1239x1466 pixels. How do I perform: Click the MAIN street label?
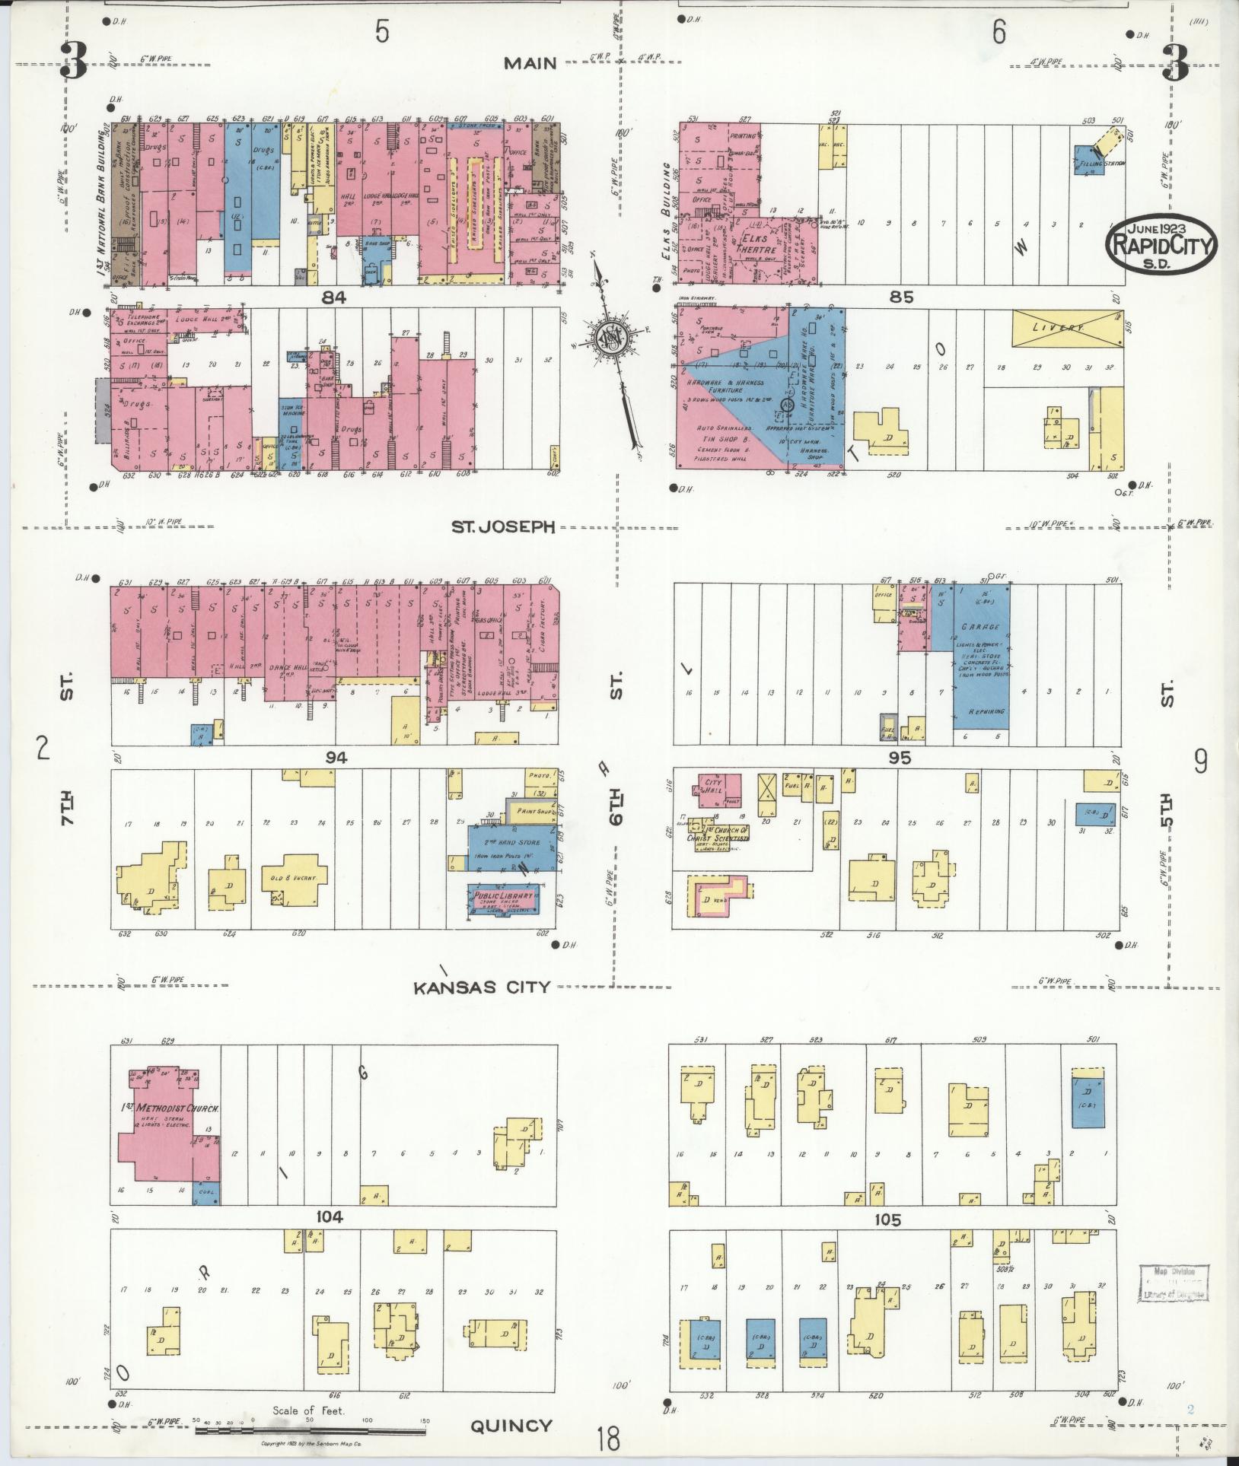[530, 63]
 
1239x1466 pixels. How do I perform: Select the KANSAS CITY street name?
[481, 987]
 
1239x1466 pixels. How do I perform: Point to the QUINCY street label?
[511, 1425]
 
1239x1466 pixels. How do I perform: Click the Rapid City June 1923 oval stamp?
[1161, 244]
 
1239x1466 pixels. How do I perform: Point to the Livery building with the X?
[1066, 328]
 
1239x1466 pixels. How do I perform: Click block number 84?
[333, 297]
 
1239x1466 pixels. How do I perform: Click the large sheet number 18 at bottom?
[608, 1439]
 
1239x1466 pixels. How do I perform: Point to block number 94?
[336, 757]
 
